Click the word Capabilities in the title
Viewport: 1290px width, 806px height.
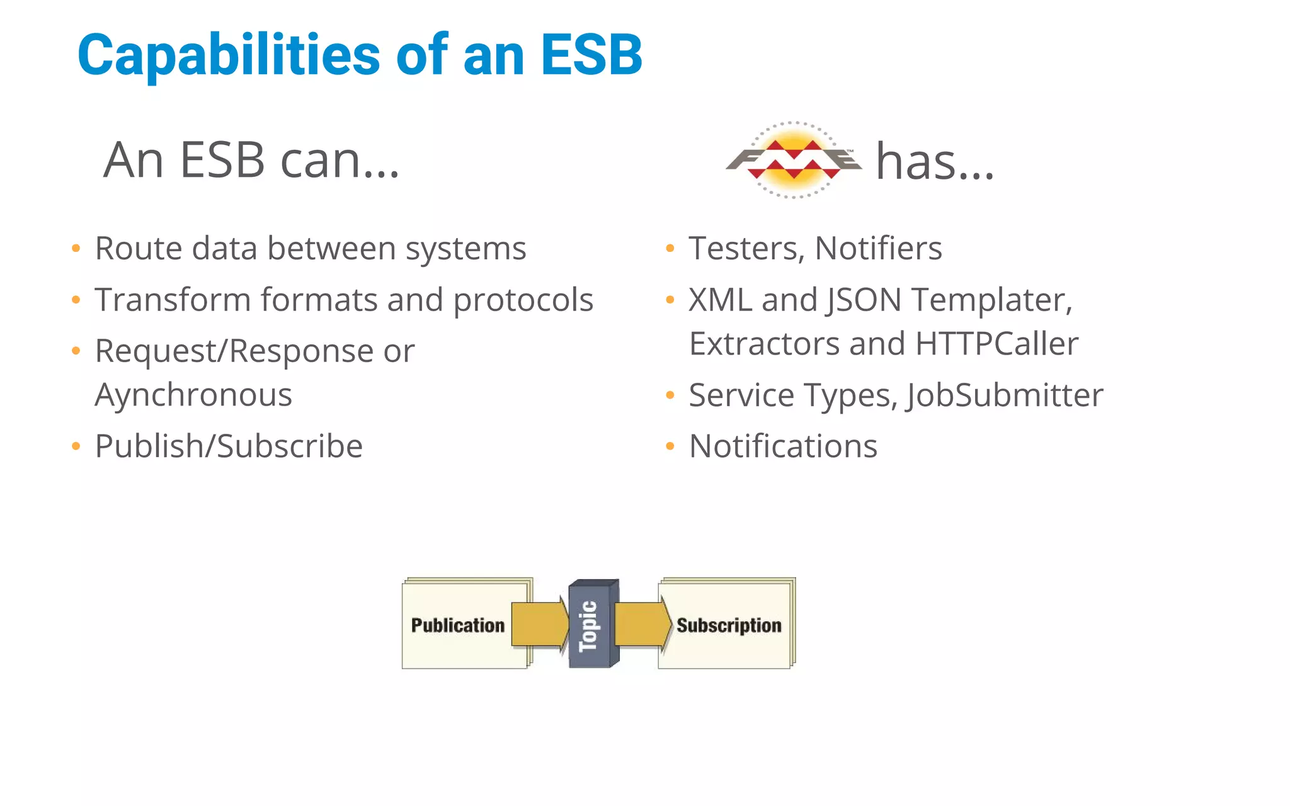[x=229, y=55]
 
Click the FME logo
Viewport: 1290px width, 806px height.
[x=794, y=160]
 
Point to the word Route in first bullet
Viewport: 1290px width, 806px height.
[x=138, y=248]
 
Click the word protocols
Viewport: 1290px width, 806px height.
[x=523, y=300]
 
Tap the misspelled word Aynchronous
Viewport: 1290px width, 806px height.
[x=193, y=395]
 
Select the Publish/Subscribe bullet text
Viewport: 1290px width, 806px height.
[x=229, y=446]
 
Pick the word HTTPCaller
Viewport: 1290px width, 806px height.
[x=996, y=344]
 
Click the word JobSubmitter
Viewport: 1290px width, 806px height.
[x=1005, y=395]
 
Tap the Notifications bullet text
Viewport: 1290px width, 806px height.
[x=783, y=446]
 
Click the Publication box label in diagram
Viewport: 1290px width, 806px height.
[x=458, y=625]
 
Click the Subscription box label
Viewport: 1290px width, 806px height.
[x=729, y=625]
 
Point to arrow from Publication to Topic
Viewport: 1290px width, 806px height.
[x=539, y=624]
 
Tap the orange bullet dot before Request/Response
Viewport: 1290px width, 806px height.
[x=76, y=351]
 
